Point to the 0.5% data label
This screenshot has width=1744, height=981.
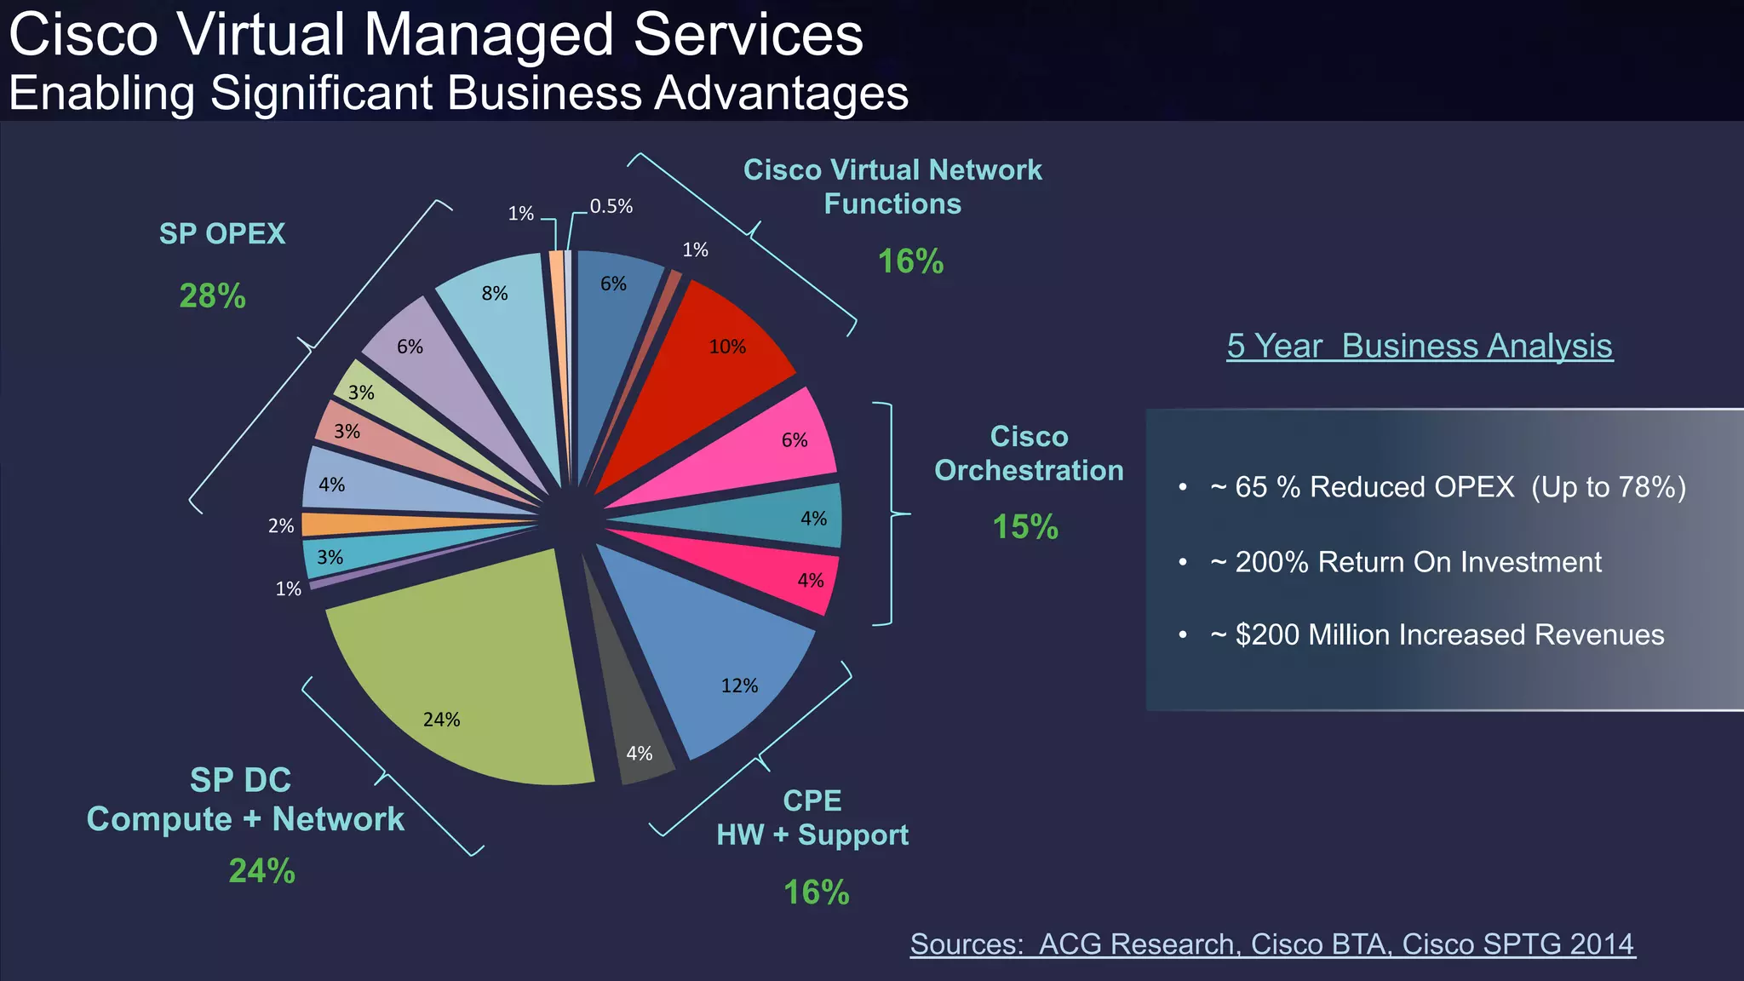coord(611,206)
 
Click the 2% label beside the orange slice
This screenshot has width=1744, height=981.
coord(281,525)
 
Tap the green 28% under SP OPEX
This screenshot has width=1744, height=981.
coord(212,296)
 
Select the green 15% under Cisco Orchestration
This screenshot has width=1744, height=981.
coord(1025,526)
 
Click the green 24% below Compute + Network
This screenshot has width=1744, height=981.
coord(261,870)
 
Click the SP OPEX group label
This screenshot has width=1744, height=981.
coord(222,233)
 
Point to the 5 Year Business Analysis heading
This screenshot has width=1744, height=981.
coord(1420,346)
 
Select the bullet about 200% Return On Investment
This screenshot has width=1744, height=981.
coord(1417,562)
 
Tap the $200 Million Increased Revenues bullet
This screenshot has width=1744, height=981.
coord(1449,634)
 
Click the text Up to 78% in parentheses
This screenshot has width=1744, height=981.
coord(1608,487)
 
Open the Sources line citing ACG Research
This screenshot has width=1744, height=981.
coord(1272,944)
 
